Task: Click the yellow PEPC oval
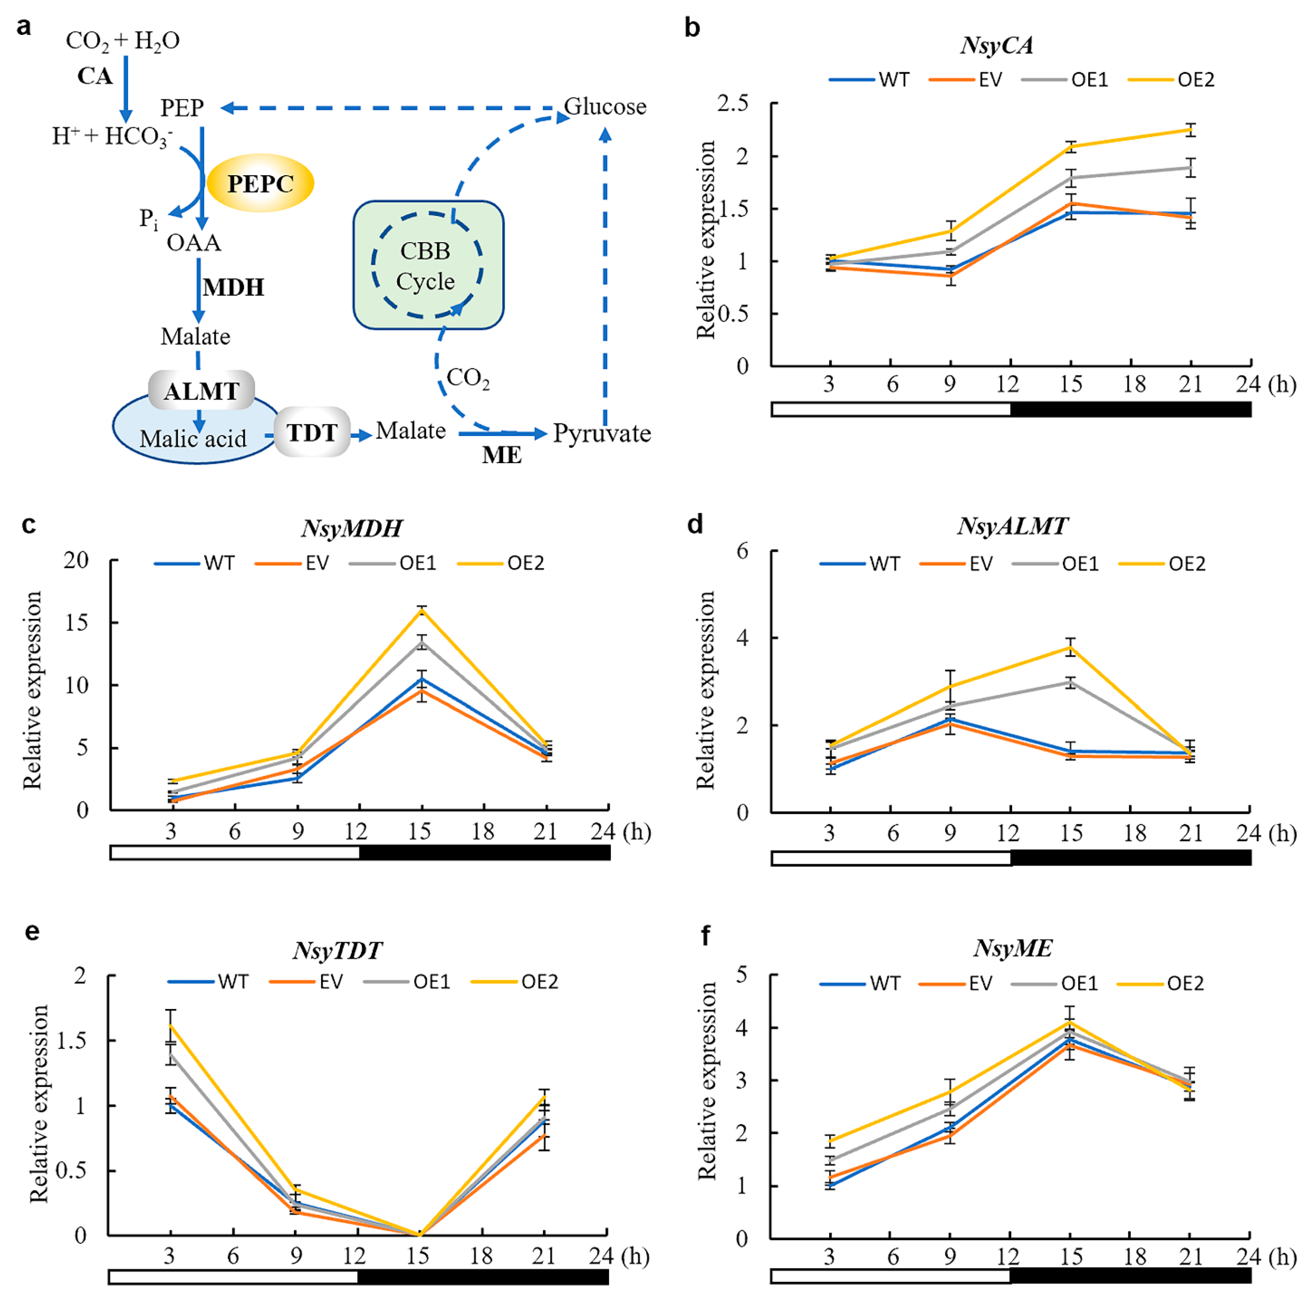(x=260, y=183)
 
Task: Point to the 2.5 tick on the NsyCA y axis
(x=733, y=104)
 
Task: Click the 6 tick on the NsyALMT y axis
(x=742, y=551)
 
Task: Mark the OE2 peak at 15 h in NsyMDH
(x=422, y=611)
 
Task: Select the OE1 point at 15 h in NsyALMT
(x=1071, y=682)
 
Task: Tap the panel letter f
(x=705, y=936)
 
